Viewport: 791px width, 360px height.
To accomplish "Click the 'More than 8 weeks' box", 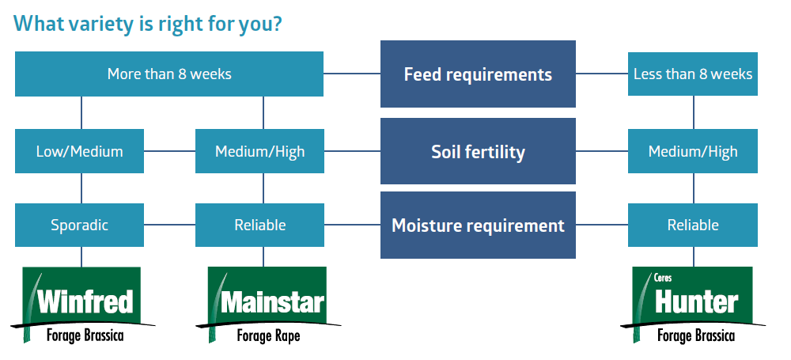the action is tap(169, 74).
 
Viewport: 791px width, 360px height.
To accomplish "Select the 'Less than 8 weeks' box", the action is tap(693, 74).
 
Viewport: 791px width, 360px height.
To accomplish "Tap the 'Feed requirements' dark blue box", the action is tap(478, 74).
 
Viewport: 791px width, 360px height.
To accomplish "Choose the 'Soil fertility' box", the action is tap(478, 151).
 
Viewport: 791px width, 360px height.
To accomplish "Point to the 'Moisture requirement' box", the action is tap(478, 225).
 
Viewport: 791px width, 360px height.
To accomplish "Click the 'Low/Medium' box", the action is tap(79, 151).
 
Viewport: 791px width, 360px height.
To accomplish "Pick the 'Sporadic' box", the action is tap(79, 225).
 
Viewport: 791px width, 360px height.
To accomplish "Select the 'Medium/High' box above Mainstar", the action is tap(259, 151).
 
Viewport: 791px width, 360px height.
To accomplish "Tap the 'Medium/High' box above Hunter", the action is tap(693, 151).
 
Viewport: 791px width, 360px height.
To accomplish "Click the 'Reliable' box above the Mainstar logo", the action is tap(259, 225).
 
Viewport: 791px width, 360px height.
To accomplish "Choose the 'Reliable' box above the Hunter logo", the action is tap(693, 225).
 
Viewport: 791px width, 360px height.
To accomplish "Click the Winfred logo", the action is tap(82, 305).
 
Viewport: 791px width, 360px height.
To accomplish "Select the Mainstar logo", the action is tap(268, 305).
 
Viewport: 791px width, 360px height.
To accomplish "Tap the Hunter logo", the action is tap(693, 305).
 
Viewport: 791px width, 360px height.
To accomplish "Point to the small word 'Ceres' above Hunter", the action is tap(663, 278).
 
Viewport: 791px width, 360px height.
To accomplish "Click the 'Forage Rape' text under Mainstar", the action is tap(268, 335).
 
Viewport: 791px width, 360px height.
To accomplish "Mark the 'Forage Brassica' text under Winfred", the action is tap(85, 335).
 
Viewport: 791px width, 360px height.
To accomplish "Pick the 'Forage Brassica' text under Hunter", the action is tap(695, 335).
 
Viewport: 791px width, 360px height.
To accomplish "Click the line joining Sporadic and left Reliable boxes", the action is tap(169, 225).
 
